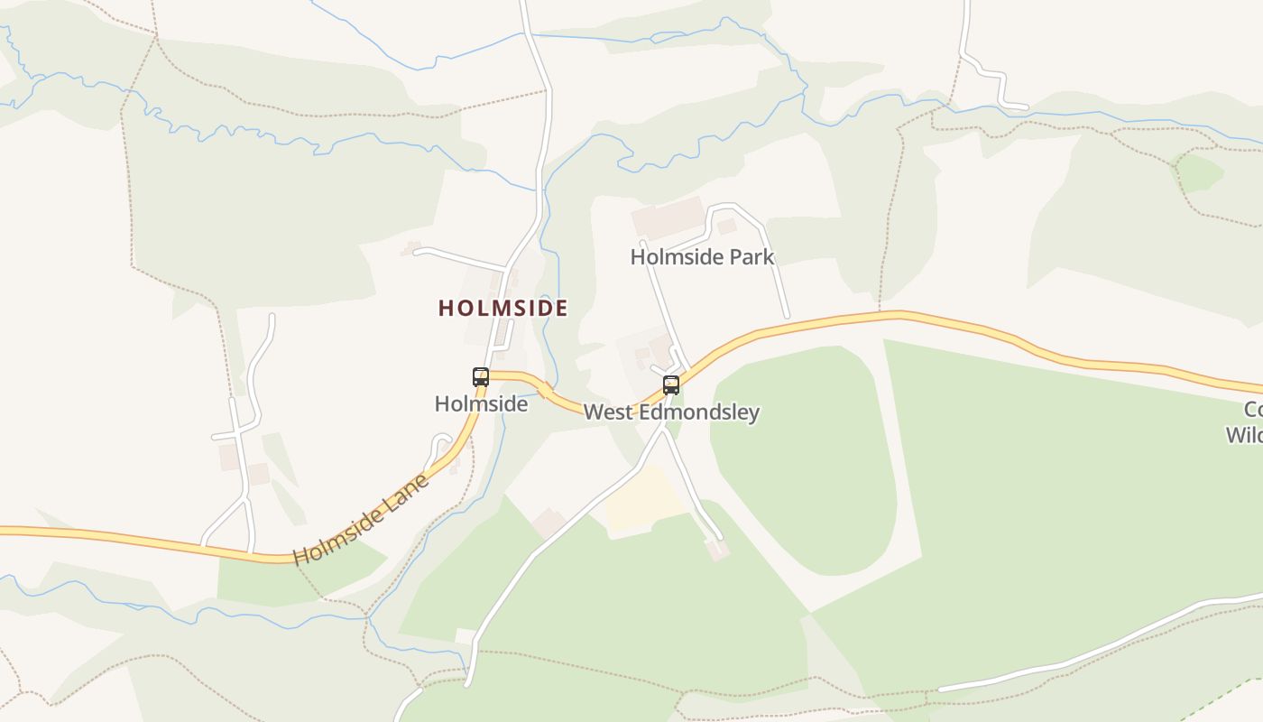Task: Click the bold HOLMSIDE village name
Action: [x=503, y=309]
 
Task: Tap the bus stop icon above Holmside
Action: [x=481, y=377]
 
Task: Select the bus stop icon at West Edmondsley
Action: [x=671, y=385]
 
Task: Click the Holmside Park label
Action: [x=702, y=257]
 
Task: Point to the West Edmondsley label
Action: [x=671, y=412]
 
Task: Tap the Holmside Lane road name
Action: [x=361, y=520]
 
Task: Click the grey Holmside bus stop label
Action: [x=481, y=404]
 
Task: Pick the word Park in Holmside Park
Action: [x=752, y=257]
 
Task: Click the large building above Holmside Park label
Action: [x=668, y=218]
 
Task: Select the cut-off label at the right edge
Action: [x=1245, y=422]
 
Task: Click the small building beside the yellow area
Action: [x=548, y=523]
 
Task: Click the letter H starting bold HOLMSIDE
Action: [x=445, y=309]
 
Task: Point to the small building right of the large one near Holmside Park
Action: [x=726, y=227]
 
